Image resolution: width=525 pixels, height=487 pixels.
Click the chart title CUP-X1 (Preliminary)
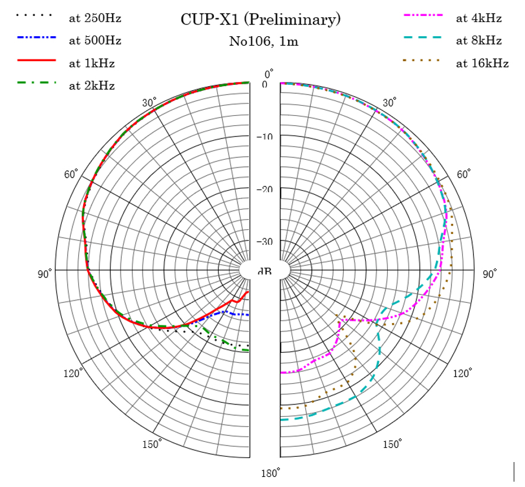click(x=261, y=20)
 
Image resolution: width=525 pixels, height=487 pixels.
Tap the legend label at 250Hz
click(x=95, y=18)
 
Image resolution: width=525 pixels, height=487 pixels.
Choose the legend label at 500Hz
click(x=95, y=40)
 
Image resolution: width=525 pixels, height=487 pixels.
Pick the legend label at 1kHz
click(x=92, y=63)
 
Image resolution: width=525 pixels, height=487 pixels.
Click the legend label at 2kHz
click(x=92, y=86)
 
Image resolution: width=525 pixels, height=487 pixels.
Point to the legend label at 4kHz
click(x=479, y=18)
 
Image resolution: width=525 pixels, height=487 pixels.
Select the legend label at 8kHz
click(x=479, y=40)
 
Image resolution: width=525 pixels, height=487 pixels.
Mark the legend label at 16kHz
click(x=482, y=64)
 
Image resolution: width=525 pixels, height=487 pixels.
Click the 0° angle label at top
click(x=269, y=74)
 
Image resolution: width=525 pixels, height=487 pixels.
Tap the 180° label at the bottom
click(x=270, y=473)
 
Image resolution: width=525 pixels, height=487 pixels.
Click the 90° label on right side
click(x=489, y=274)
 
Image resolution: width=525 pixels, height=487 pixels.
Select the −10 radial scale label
click(x=264, y=137)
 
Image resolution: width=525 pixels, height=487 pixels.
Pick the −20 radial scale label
click(x=264, y=189)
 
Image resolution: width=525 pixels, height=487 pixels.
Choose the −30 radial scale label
click(x=264, y=242)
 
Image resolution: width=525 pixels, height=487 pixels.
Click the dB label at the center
click(x=265, y=271)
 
